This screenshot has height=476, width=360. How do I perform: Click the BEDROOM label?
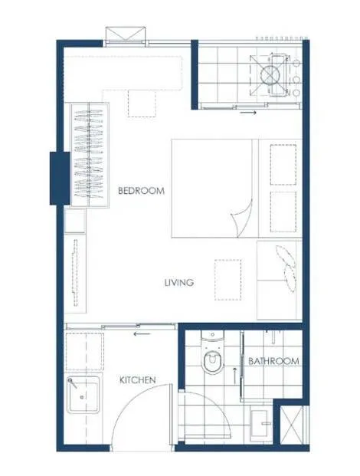pos(141,191)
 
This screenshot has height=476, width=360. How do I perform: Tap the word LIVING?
pos(179,283)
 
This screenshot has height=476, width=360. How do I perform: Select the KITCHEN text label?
pos(138,379)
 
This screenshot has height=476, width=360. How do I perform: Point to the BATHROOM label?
pos(273,361)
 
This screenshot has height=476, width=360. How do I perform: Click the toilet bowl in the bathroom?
pos(213,362)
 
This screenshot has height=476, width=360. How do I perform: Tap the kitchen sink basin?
pos(83,394)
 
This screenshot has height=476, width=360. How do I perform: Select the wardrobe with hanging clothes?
pos(90,155)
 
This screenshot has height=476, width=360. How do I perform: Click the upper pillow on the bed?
pos(283,165)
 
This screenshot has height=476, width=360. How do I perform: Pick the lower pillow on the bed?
pos(283,212)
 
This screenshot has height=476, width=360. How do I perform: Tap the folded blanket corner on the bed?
pos(242,218)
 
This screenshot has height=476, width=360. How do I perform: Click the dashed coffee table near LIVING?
pos(227,280)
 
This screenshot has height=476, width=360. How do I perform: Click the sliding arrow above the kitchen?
pos(142,334)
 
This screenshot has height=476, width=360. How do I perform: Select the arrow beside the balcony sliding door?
pos(248,113)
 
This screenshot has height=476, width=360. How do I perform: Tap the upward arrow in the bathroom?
pos(234,376)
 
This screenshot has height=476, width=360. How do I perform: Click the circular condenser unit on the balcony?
pos(270,74)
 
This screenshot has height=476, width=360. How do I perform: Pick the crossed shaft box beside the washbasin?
pos(292,425)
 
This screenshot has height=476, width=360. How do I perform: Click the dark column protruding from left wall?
pos(60,178)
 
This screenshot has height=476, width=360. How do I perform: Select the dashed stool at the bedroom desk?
pos(142,103)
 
